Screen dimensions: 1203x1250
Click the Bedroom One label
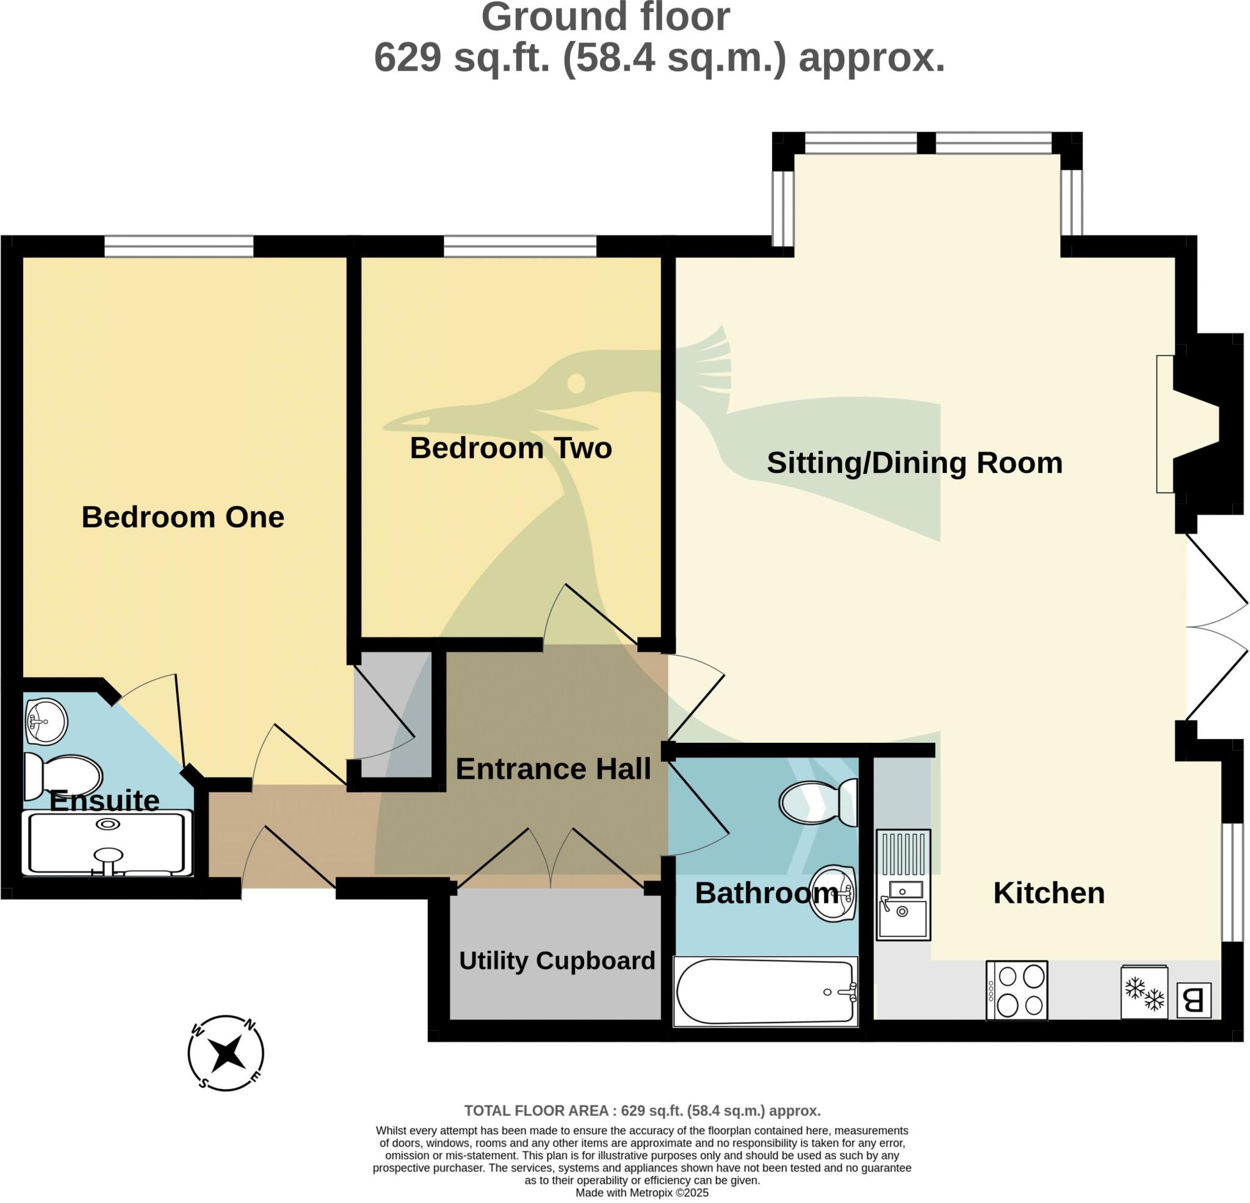182,517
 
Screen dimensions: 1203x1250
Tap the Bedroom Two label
510,448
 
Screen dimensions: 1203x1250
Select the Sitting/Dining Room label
914,463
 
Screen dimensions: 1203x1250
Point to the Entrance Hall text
553,768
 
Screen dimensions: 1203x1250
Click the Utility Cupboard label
557,960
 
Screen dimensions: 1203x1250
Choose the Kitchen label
1049,893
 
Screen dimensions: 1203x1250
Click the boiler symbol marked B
1193,1000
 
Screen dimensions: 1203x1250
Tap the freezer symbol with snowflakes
1144,992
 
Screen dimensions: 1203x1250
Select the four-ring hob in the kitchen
1017,990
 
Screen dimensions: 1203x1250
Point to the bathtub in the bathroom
765,992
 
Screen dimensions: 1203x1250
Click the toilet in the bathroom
819,803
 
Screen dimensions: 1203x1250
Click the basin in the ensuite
46,721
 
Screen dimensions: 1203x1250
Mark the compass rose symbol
226,1053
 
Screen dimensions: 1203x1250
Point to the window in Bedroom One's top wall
179,245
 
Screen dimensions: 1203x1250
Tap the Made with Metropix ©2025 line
641,1193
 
